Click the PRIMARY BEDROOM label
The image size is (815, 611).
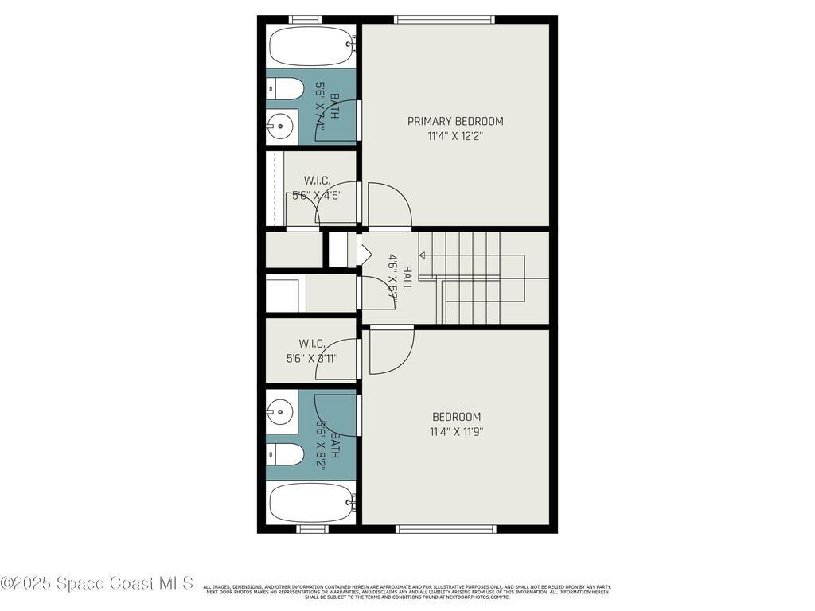click(455, 121)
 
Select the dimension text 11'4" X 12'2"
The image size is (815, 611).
click(455, 136)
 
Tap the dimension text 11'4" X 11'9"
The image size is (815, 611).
click(456, 432)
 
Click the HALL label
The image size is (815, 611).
click(407, 278)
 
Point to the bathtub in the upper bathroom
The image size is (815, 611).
click(311, 46)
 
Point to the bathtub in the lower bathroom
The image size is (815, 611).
click(311, 502)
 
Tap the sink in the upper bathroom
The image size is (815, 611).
click(279, 125)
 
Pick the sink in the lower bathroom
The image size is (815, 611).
click(279, 411)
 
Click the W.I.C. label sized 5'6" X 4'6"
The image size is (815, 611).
click(317, 181)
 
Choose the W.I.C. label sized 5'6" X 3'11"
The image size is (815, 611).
click(312, 344)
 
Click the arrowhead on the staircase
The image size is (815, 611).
click(423, 255)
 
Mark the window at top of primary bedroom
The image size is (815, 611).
click(444, 20)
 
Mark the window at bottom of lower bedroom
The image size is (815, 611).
click(446, 529)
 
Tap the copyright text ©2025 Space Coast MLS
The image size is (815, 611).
click(97, 583)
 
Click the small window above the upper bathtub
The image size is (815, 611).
click(305, 20)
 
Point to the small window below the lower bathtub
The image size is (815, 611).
click(312, 529)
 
